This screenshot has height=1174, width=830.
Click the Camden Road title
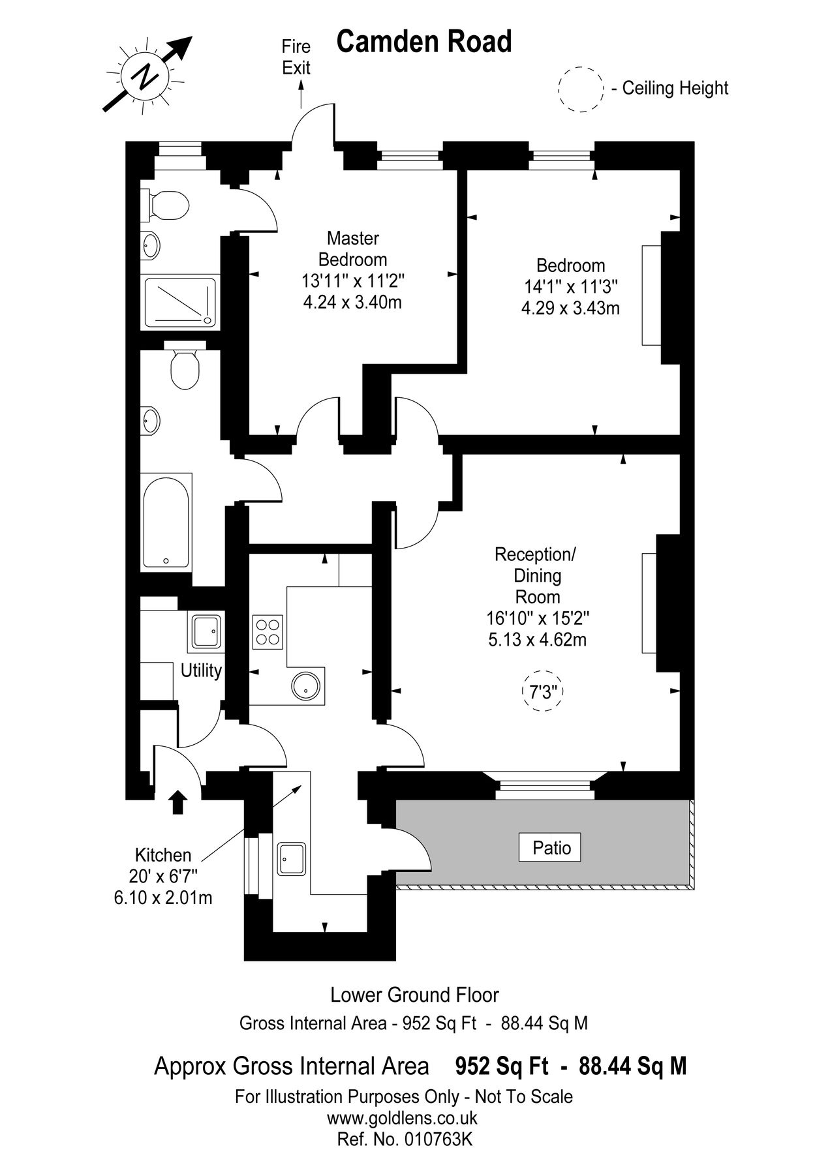click(x=424, y=42)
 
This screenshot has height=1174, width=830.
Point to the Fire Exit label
click(x=296, y=57)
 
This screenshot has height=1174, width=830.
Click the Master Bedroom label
click(x=353, y=248)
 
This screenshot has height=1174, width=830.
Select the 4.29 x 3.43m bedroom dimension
click(x=570, y=307)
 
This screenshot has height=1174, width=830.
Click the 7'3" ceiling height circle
click(x=543, y=692)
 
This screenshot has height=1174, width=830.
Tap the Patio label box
click(x=549, y=848)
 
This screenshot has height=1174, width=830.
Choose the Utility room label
click(x=201, y=670)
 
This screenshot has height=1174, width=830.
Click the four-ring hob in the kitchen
click(x=268, y=631)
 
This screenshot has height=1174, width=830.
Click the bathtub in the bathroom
click(x=166, y=522)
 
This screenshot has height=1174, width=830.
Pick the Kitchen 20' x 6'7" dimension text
click(x=164, y=876)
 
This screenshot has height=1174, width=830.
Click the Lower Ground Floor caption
click(x=415, y=995)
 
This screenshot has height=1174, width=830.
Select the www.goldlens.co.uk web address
click(x=402, y=1118)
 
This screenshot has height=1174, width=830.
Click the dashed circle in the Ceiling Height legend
click(x=581, y=89)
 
